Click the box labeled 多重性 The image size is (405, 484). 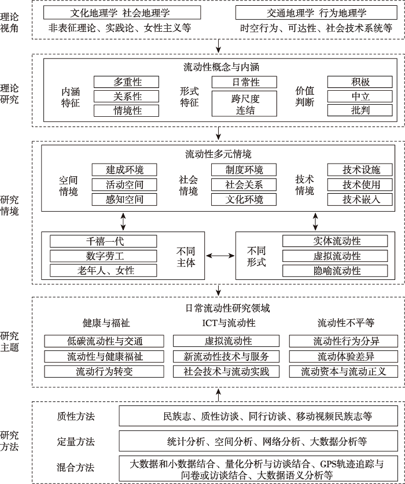pyautogui.click(x=126, y=82)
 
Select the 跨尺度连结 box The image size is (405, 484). pyautogui.click(x=244, y=104)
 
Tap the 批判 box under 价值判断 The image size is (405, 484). pyautogui.click(x=360, y=110)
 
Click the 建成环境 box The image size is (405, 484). pyautogui.click(x=124, y=170)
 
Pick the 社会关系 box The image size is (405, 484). pyautogui.click(x=244, y=184)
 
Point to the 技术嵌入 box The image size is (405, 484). pyautogui.click(x=360, y=199)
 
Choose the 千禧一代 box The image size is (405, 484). pyautogui.click(x=103, y=241)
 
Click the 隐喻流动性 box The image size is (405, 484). pyautogui.click(x=335, y=271)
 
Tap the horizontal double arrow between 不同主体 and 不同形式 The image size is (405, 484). pyautogui.click(x=220, y=256)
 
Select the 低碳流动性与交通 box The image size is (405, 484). pyautogui.click(x=104, y=341)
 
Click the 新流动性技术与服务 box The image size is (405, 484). pyautogui.click(x=226, y=357)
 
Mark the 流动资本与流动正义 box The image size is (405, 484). pyautogui.click(x=344, y=371)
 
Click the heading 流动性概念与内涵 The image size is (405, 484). pyautogui.click(x=221, y=67)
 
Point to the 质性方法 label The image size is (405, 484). pyautogui.click(x=76, y=416)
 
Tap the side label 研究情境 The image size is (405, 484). pyautogui.click(x=9, y=206)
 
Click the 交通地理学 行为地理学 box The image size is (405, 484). pyautogui.click(x=316, y=13)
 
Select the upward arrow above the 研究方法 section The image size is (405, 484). pyautogui.click(x=218, y=394)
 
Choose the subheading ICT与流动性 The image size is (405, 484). pyautogui.click(x=229, y=323)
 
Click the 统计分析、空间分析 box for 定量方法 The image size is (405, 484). pyautogui.click(x=258, y=441)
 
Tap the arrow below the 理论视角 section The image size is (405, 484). pyautogui.click(x=218, y=46)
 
